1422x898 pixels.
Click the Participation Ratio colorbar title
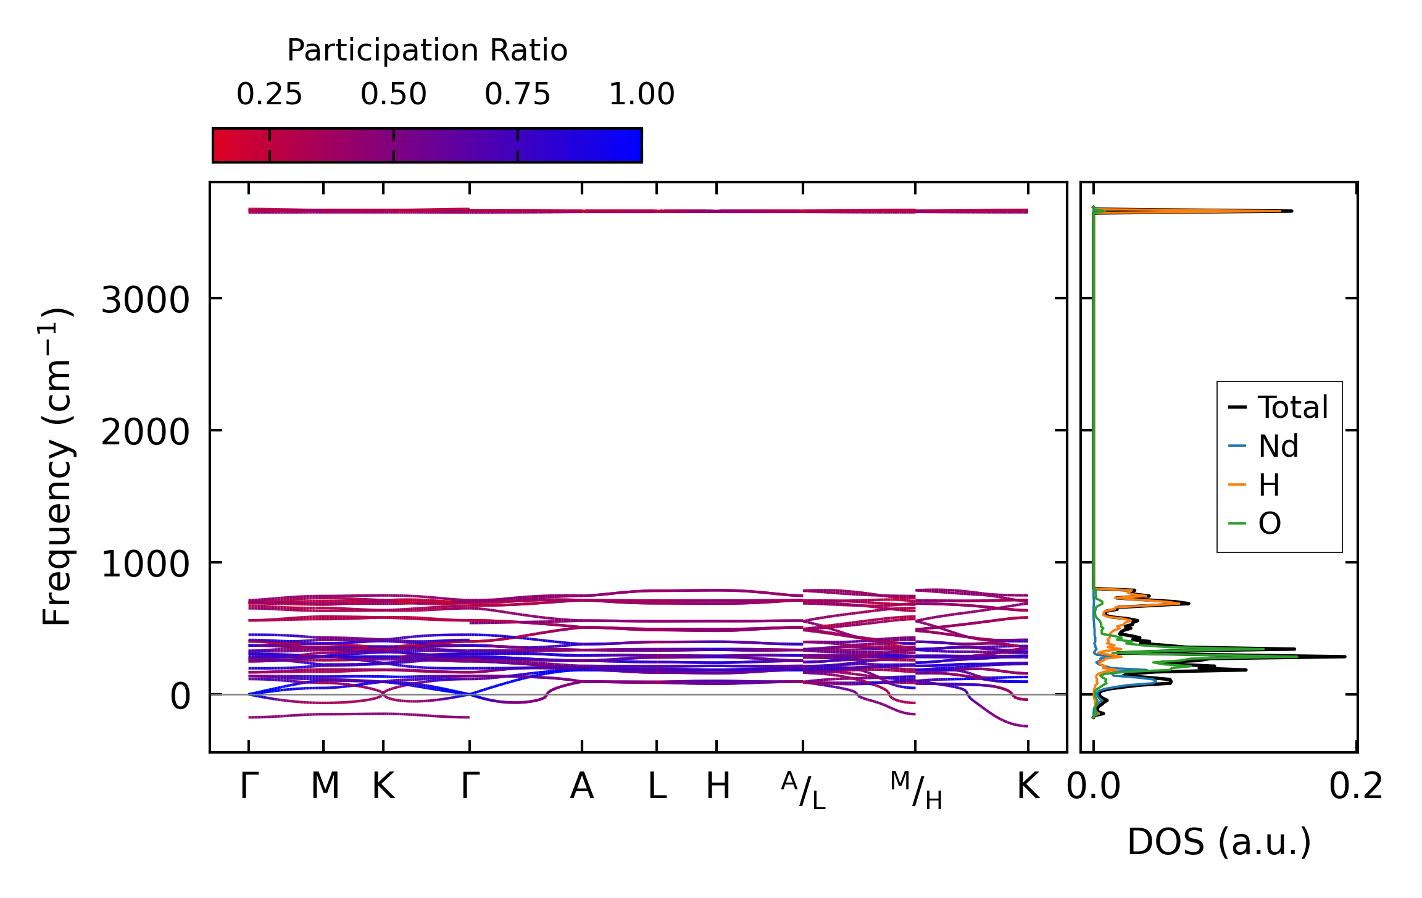[427, 51]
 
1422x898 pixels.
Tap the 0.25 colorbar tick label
[269, 94]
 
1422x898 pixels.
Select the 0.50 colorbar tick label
[393, 94]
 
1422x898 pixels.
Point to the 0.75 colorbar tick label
[517, 94]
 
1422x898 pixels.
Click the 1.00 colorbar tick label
[641, 94]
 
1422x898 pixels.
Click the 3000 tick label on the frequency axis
[145, 301]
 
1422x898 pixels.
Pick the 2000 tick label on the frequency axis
[145, 432]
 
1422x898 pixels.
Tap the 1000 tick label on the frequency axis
[145, 564]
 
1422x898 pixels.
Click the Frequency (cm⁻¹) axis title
[57, 466]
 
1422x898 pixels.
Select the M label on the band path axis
[325, 786]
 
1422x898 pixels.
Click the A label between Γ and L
[582, 786]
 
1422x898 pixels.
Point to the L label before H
[657, 786]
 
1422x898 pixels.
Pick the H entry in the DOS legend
[1269, 485]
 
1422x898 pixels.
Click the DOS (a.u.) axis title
[1219, 842]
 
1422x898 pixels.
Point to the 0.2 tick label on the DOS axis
[1356, 787]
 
